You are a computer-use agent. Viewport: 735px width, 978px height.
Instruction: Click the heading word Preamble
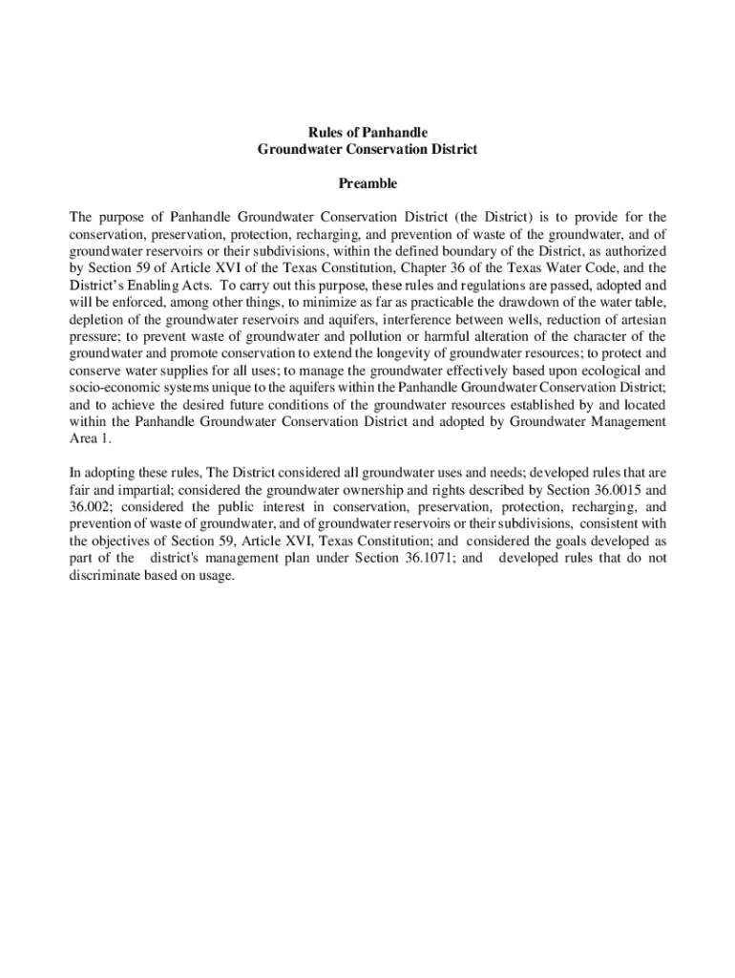point(367,183)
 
